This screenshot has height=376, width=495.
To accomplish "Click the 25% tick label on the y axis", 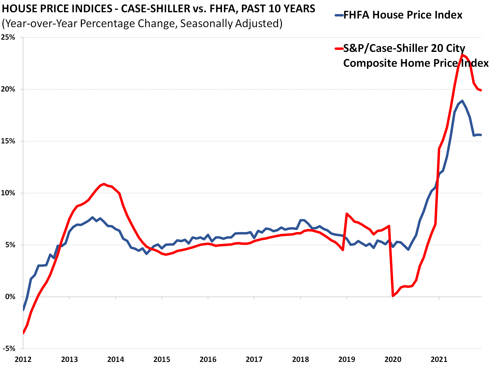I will [x=8, y=37].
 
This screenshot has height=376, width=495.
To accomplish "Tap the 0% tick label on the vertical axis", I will [x=10, y=297].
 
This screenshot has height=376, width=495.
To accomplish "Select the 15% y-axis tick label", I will [x=8, y=141].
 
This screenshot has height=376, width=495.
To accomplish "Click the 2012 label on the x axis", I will [x=23, y=360].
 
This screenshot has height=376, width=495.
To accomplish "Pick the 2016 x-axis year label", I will [x=208, y=360].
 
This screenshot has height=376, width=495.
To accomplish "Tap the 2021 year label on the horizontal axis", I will [x=439, y=360].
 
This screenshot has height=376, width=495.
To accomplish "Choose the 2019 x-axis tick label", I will [x=347, y=360].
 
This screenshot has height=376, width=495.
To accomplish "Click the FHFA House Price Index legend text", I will [x=403, y=15].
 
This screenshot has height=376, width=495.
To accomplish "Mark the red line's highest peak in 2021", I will [x=462, y=55].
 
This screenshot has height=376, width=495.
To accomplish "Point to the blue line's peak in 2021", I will [x=462, y=101].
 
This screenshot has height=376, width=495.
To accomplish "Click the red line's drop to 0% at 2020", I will [x=393, y=296].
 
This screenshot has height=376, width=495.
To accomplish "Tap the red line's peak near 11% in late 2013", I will [x=104, y=184].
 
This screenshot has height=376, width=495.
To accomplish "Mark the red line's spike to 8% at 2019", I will [x=347, y=214].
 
